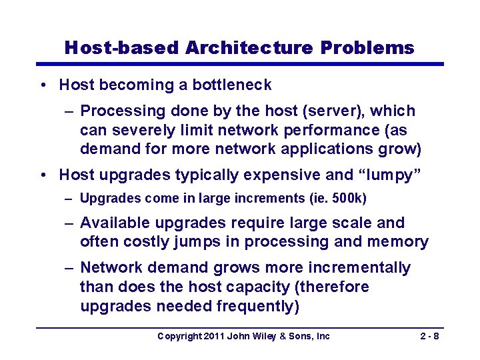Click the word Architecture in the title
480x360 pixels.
(249, 48)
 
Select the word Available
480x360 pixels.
(116, 223)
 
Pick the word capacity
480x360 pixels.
(244, 287)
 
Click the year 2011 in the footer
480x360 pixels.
(215, 337)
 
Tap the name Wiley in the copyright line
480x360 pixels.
(265, 337)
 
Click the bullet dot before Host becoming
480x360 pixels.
(43, 85)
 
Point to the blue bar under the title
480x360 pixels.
(240, 64)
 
